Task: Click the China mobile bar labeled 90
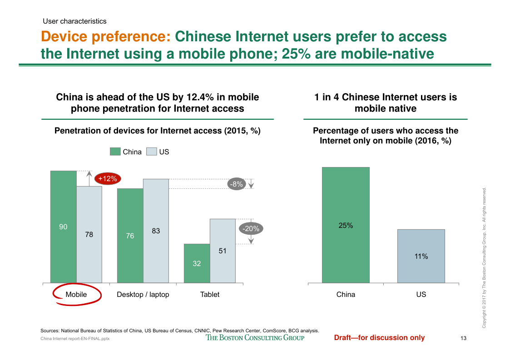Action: click(x=63, y=227)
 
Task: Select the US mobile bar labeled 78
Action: click(x=89, y=235)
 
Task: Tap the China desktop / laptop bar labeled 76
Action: click(x=130, y=236)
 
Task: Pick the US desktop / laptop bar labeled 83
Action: click(x=156, y=231)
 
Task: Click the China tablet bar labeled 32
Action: click(x=197, y=263)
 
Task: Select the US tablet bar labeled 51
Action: click(x=223, y=251)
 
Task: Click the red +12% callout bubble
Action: click(x=108, y=179)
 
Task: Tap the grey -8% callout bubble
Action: click(x=236, y=184)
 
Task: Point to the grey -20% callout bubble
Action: click(x=251, y=229)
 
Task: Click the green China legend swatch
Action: click(x=115, y=152)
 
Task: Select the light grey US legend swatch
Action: click(x=151, y=152)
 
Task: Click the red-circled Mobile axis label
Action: click(x=76, y=295)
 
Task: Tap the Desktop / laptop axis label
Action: click(x=143, y=295)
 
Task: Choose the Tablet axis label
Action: click(x=210, y=295)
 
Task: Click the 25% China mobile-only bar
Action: click(x=346, y=225)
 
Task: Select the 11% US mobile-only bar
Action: click(x=421, y=256)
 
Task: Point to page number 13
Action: click(x=464, y=338)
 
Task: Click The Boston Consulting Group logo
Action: click(x=255, y=337)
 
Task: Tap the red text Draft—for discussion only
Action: click(x=379, y=337)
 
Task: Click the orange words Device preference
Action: click(x=105, y=36)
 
